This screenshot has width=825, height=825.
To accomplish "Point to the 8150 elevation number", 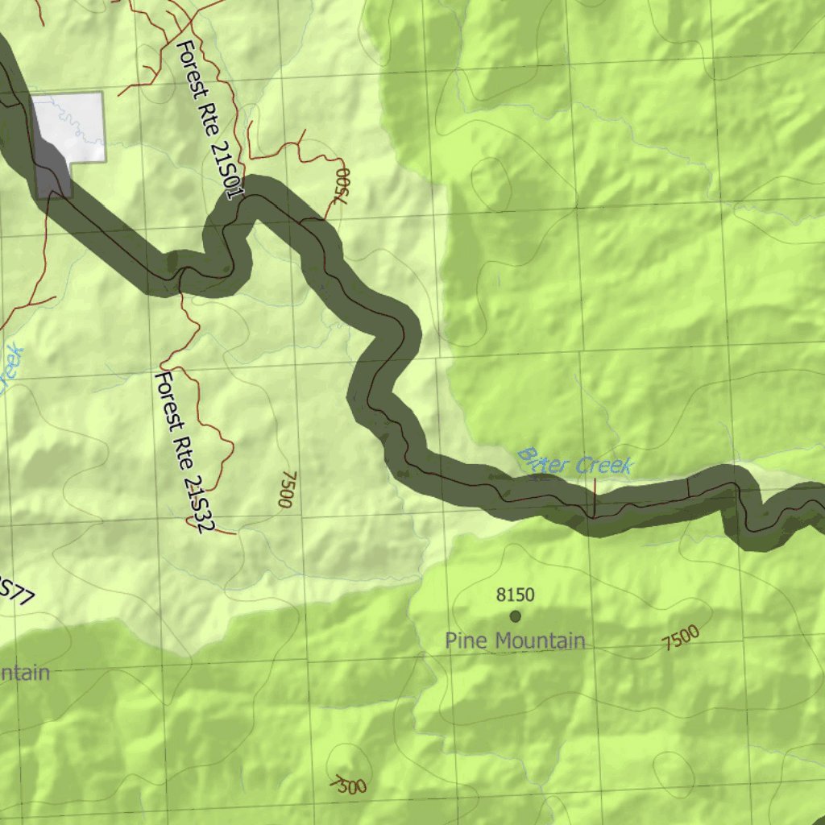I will click(515, 595).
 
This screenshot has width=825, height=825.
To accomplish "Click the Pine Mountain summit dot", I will click(516, 616).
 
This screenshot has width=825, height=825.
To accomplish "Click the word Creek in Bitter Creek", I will click(604, 466).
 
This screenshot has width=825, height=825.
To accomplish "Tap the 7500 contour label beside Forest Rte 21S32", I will click(285, 489).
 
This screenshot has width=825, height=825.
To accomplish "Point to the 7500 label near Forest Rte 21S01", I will click(341, 185).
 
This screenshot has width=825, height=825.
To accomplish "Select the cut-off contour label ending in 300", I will click(349, 784).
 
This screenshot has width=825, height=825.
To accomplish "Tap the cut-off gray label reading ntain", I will click(24, 674).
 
